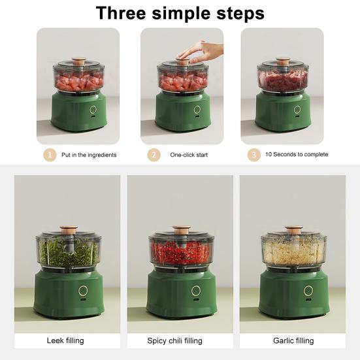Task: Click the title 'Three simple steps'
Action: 180,13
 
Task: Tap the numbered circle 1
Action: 49,155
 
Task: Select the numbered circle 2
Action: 154,155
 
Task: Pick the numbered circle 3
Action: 254,155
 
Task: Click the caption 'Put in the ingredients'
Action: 90,155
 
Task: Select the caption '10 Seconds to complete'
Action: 296,155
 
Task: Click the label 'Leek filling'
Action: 65,340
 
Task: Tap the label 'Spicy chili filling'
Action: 174,340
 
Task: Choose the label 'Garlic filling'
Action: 293,340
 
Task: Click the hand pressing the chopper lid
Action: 199,50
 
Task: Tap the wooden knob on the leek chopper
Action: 69,230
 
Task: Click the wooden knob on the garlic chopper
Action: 293,230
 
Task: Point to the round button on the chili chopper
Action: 196,290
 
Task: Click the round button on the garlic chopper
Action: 308,290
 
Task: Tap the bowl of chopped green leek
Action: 68,252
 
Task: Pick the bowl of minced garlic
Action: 293,252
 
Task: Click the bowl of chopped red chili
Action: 181,252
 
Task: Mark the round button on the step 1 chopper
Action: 93,110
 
